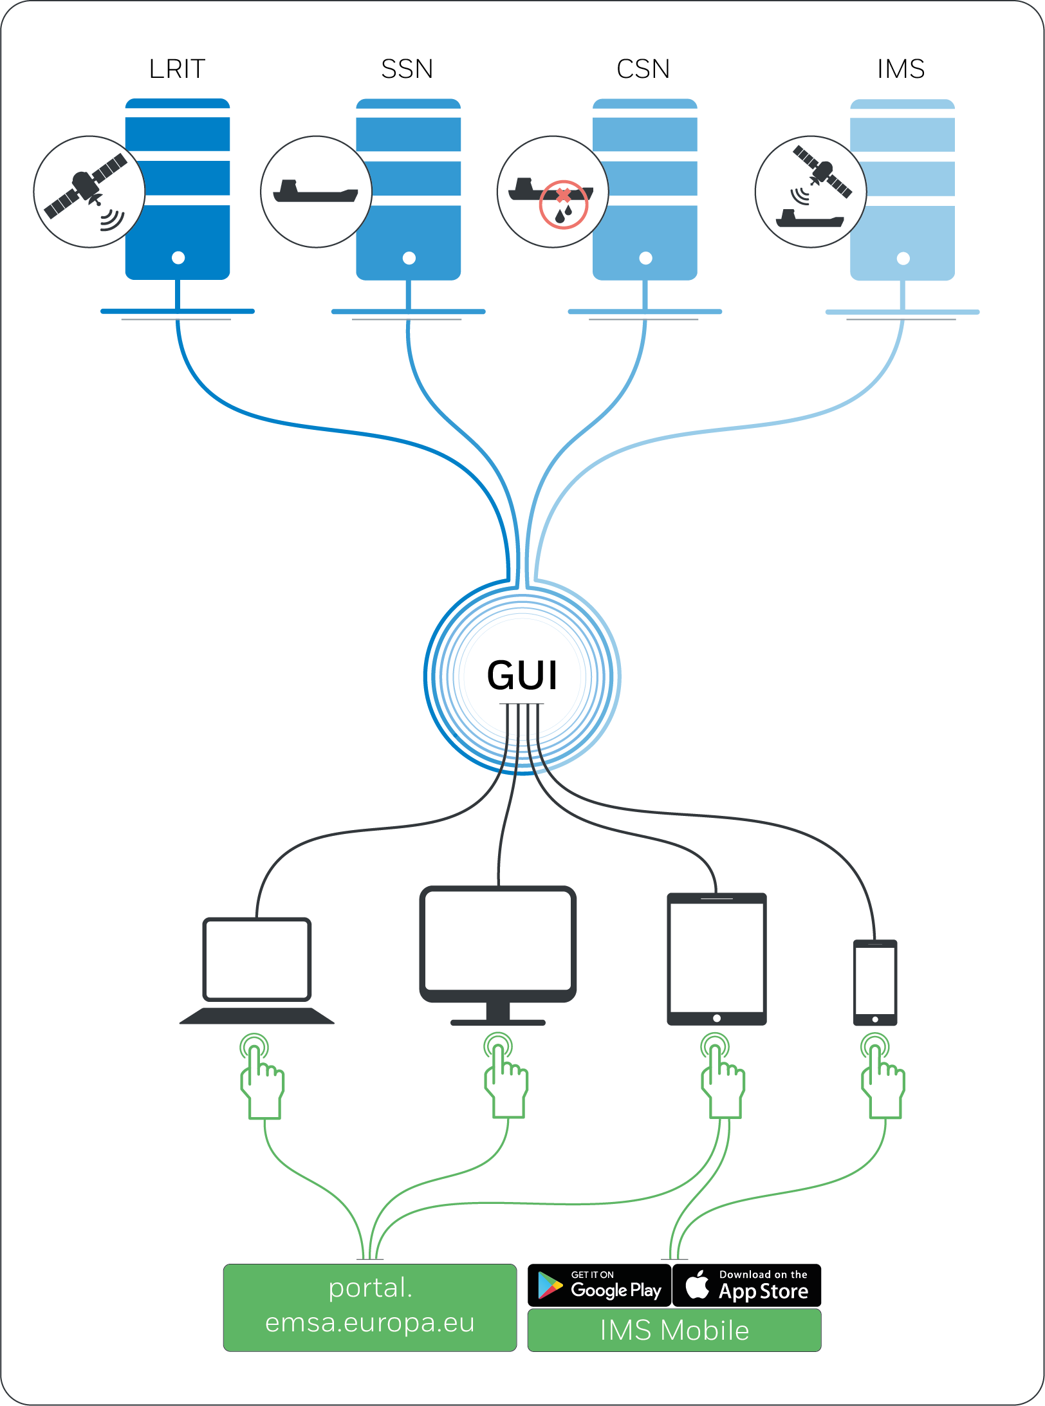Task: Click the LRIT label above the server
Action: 177,69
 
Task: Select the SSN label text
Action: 407,69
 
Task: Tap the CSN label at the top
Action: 643,69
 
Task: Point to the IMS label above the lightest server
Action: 901,69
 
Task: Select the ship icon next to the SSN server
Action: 316,192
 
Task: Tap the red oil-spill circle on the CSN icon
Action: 564,205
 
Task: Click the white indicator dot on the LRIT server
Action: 178,258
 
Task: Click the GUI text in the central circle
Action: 522,676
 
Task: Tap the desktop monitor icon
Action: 498,956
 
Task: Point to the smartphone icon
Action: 875,983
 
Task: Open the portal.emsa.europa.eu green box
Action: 370,1308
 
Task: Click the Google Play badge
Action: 600,1285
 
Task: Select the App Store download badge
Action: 747,1285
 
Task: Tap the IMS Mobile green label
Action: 674,1330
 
